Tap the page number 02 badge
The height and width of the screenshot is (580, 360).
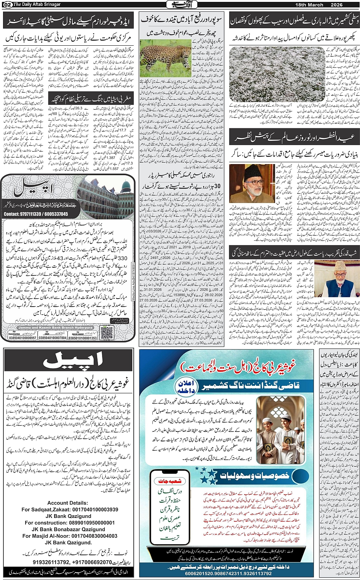click(7, 5)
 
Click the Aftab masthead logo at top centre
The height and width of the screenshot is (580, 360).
click(179, 5)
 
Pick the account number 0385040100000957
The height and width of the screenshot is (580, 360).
click(22, 338)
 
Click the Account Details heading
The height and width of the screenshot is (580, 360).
click(67, 503)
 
